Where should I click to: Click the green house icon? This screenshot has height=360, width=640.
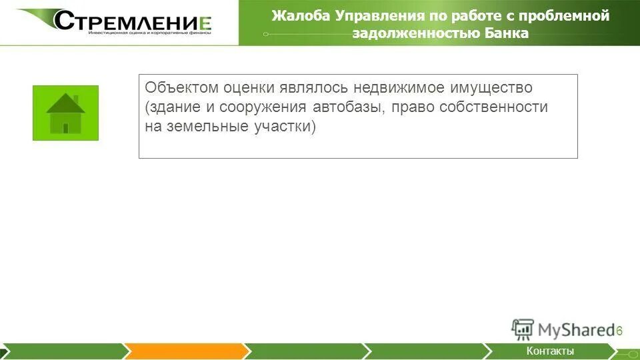point(65,113)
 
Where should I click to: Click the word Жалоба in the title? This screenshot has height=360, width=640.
point(295,16)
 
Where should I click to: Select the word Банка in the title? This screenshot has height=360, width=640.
point(506,34)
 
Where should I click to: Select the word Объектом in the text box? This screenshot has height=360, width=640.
point(181,88)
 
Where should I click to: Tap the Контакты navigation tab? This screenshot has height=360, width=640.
point(549,351)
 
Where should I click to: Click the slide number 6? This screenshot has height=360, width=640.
point(619,331)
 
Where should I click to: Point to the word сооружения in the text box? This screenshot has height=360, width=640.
point(267,107)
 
